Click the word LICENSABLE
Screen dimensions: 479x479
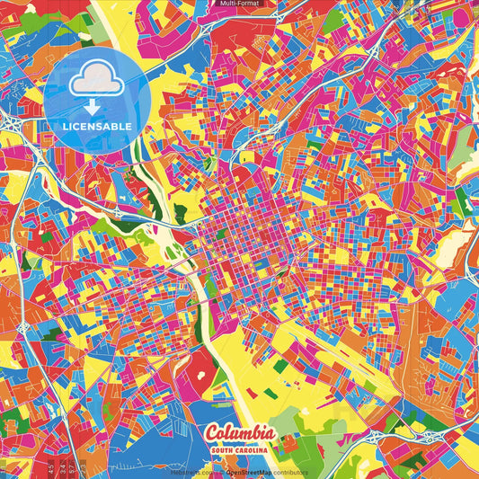pos(96,127)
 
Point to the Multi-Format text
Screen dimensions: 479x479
pos(239,4)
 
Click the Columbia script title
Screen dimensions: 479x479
pos(239,435)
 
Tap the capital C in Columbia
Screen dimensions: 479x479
pos(212,435)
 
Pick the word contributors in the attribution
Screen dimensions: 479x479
pos(288,472)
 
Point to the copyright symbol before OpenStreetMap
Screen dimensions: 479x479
pos(221,472)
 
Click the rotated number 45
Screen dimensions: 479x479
pos(51,468)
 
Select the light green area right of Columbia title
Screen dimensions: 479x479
pos(297,431)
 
